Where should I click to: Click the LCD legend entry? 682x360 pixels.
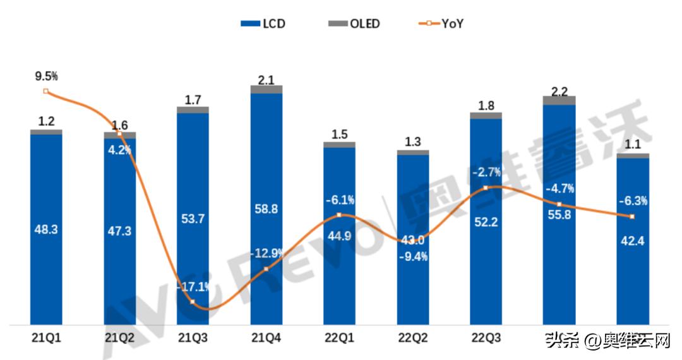click(263, 24)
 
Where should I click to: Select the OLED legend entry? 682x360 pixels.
click(354, 24)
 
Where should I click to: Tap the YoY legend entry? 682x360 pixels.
click(441, 24)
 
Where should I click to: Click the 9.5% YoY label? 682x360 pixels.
click(46, 76)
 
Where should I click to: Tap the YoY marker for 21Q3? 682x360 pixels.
click(193, 302)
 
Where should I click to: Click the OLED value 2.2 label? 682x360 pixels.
click(559, 91)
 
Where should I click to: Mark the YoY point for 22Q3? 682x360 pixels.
click(486, 188)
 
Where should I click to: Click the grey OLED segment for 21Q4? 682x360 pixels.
click(266, 89)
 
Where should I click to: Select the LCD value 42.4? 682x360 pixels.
click(632, 241)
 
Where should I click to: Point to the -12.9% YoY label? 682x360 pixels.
click(266, 254)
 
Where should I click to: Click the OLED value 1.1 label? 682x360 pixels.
click(632, 145)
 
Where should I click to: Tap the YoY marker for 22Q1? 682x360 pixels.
click(339, 215)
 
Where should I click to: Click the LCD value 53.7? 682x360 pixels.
click(193, 219)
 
